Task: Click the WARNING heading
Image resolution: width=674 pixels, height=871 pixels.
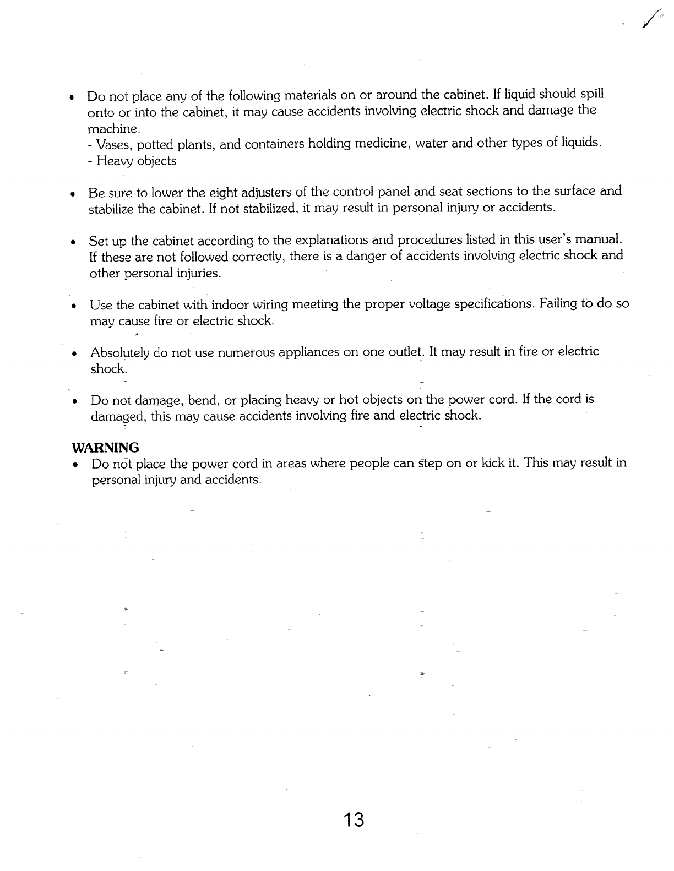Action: coord(106,447)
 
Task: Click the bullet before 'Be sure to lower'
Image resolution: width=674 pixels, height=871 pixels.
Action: coord(72,194)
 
